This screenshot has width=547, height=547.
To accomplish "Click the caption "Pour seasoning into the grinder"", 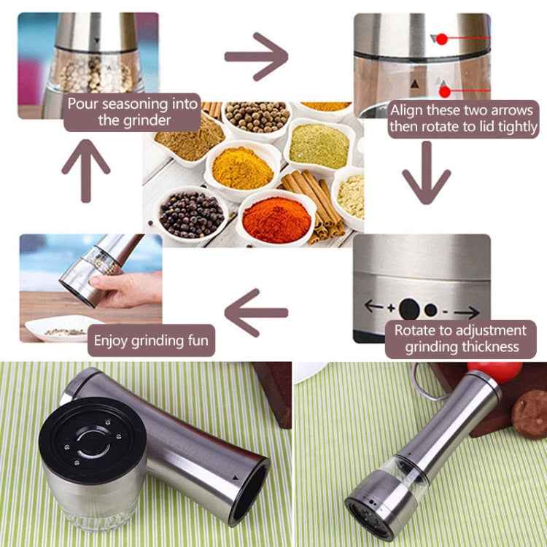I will [133, 112].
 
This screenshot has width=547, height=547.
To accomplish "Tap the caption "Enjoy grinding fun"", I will [151, 340].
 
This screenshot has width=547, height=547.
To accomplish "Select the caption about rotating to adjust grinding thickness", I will [460, 339].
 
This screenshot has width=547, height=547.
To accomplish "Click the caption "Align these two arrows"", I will [463, 119].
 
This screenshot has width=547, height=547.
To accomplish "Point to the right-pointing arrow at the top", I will [256, 56].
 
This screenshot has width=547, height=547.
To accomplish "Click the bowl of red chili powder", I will [276, 218].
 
